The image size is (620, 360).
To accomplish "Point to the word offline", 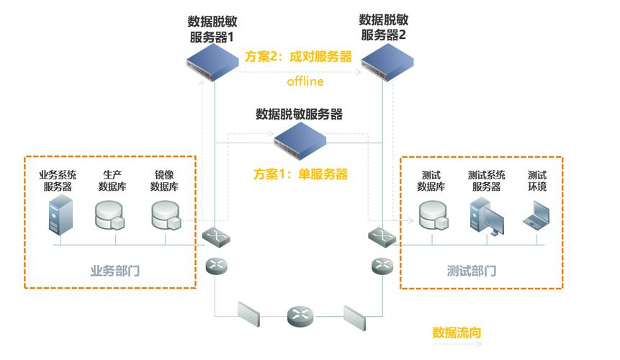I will [305, 81].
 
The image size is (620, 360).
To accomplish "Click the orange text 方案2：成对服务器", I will [298, 56].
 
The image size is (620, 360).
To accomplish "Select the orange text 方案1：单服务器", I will [300, 174].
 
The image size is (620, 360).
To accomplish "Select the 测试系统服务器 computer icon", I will [486, 215].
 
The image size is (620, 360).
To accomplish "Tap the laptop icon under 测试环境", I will [537, 215].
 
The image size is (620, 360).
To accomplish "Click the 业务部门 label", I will [114, 271].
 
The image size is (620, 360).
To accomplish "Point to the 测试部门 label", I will [472, 271].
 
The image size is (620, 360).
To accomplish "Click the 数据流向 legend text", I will [457, 333].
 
